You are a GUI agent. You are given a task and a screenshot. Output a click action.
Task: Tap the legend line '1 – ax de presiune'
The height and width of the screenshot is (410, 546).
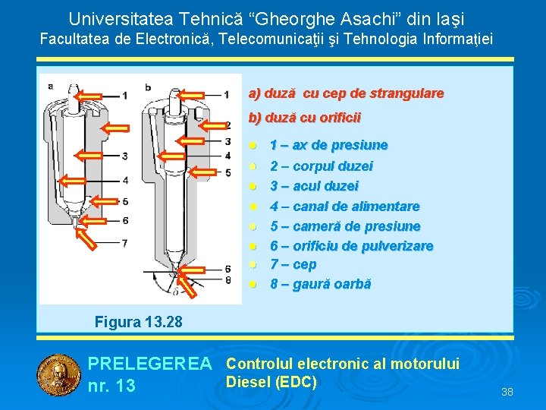coord(329,145)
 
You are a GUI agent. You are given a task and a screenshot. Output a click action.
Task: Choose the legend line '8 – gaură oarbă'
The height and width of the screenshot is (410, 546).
coord(321,284)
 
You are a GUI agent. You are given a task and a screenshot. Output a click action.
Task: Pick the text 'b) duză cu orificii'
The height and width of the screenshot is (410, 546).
coord(305,118)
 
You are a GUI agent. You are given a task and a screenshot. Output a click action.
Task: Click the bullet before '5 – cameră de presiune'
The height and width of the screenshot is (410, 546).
coord(254,226)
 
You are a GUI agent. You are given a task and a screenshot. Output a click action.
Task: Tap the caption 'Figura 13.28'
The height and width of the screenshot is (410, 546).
coord(139,322)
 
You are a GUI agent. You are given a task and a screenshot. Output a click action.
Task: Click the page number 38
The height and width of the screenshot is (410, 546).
coord(507,392)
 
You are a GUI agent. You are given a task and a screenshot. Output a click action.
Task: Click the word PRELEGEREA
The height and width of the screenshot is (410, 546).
coord(149,365)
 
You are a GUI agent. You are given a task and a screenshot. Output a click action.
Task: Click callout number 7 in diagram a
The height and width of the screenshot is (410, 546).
coord(124,243)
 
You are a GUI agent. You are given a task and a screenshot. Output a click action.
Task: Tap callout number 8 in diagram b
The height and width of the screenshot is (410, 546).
coord(227,279)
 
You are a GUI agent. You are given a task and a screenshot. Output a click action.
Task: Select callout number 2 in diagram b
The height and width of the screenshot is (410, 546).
coord(227,125)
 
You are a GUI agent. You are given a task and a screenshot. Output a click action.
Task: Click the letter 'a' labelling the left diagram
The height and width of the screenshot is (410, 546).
coord(51,86)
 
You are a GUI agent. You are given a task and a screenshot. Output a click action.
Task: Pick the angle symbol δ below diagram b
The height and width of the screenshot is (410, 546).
coord(177,290)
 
